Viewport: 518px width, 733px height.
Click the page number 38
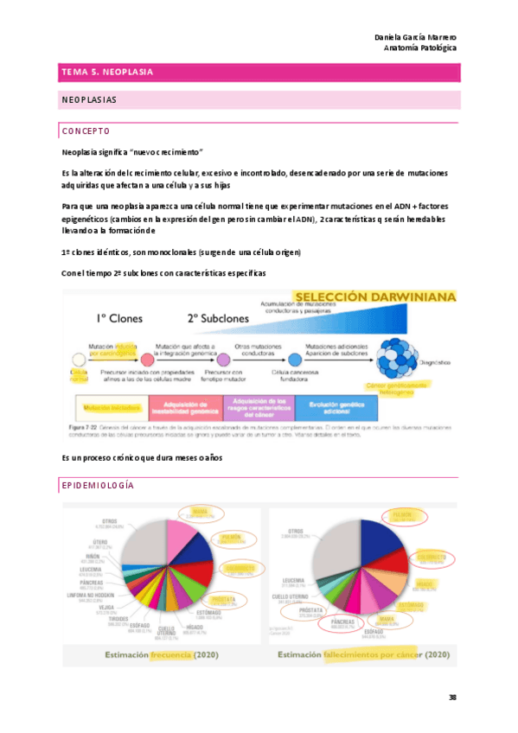[452, 697]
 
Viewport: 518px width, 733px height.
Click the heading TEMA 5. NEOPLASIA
[108, 73]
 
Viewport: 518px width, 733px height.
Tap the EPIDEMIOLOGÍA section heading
[98, 487]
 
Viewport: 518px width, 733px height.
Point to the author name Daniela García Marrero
[416, 37]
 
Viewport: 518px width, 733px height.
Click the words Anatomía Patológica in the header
[421, 48]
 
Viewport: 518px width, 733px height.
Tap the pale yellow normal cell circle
[78, 360]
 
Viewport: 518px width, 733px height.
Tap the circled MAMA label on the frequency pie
[199, 514]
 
